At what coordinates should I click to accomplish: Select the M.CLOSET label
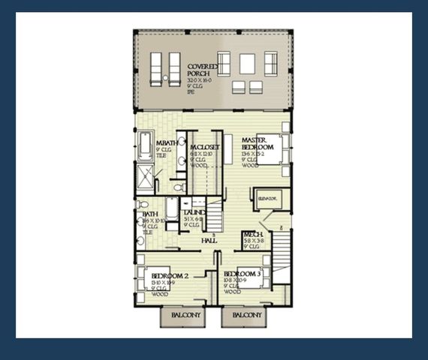click(204, 147)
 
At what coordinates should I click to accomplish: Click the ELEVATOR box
click(268, 198)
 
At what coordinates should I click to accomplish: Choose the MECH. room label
click(252, 235)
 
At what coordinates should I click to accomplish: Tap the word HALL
click(209, 240)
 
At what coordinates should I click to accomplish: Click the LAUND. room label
click(194, 212)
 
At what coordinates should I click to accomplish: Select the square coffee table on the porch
click(247, 64)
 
